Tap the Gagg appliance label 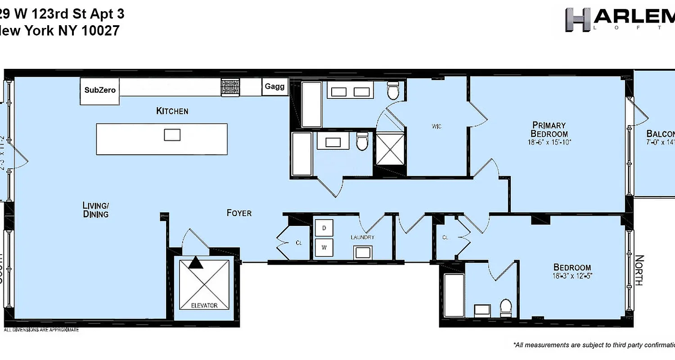pyautogui.click(x=274, y=87)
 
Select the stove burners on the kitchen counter pyautogui.click(x=230, y=87)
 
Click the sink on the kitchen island pyautogui.click(x=172, y=135)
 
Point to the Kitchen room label pyautogui.click(x=172, y=111)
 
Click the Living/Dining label pyautogui.click(x=96, y=210)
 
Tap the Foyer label pyautogui.click(x=239, y=213)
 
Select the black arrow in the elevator pyautogui.click(x=196, y=262)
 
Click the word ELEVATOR pyautogui.click(x=204, y=306)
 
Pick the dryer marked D pyautogui.click(x=324, y=229)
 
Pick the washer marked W pyautogui.click(x=324, y=247)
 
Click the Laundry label pyautogui.click(x=363, y=237)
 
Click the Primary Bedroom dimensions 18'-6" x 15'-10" pyautogui.click(x=549, y=142)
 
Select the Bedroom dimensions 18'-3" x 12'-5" pyautogui.click(x=572, y=276)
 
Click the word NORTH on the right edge pyautogui.click(x=639, y=270)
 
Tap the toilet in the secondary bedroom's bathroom pyautogui.click(x=506, y=308)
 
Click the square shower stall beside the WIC pyautogui.click(x=390, y=148)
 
